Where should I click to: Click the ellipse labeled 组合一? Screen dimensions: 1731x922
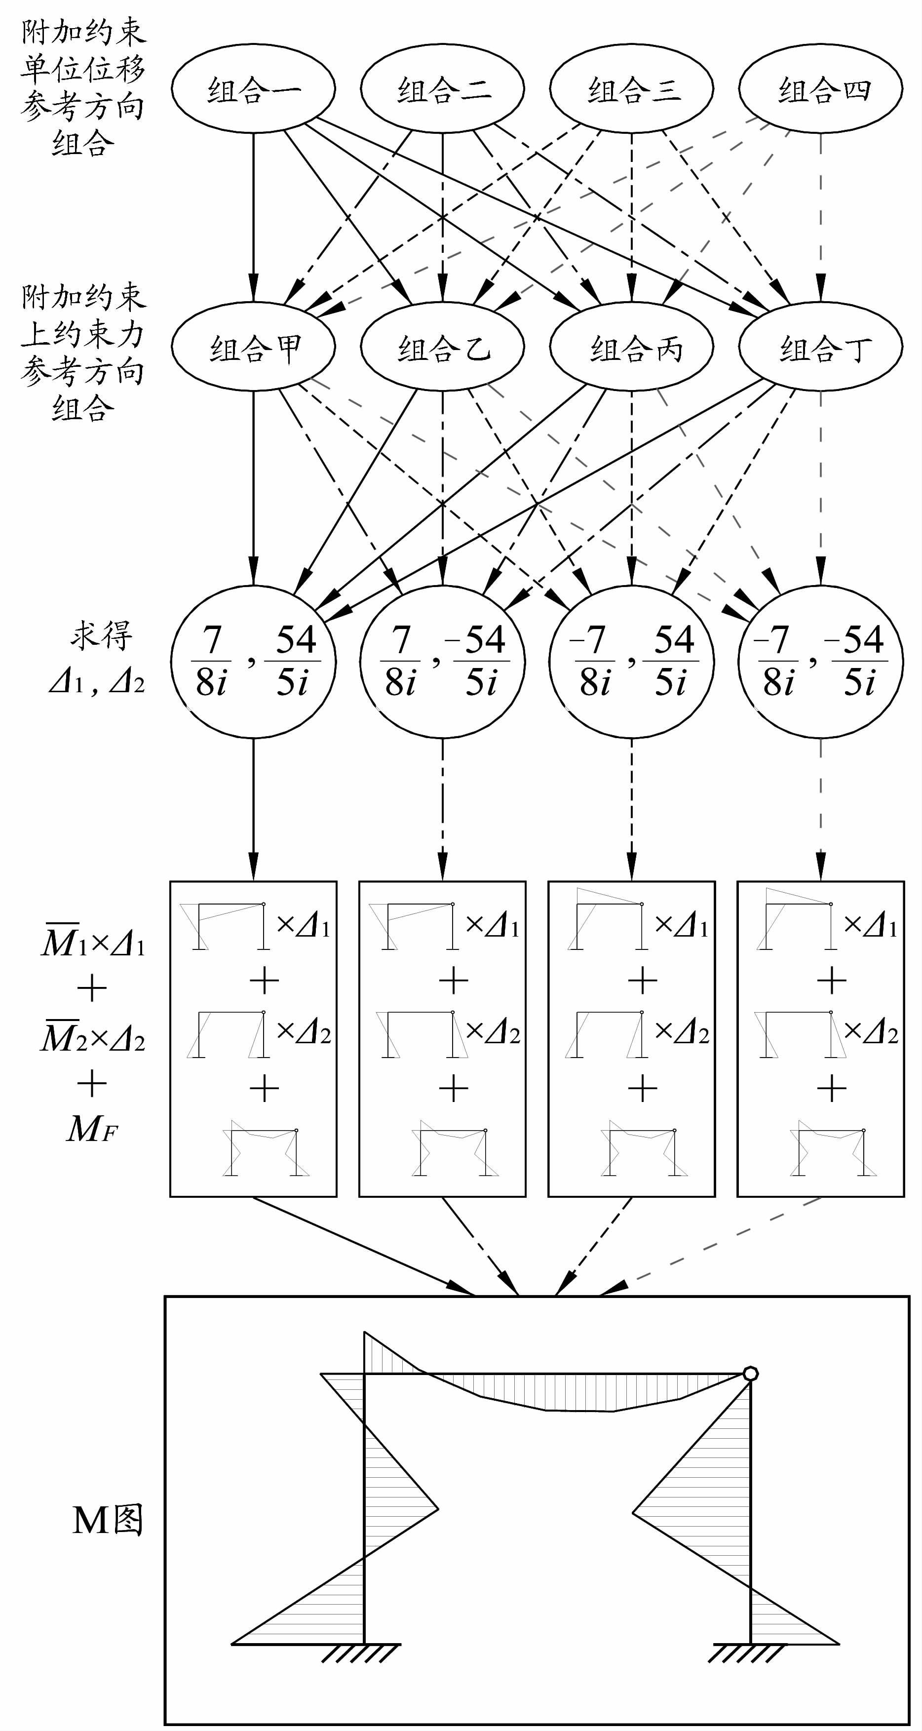(x=253, y=89)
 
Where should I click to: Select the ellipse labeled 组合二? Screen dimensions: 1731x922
(x=442, y=89)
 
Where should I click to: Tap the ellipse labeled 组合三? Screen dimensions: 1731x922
(x=632, y=89)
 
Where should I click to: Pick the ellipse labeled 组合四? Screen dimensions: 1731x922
(x=820, y=89)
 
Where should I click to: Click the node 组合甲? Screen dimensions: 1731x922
(x=253, y=348)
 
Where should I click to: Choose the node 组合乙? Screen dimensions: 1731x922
(x=442, y=348)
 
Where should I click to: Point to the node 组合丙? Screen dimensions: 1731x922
(x=632, y=348)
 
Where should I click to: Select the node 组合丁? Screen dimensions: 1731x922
(x=820, y=348)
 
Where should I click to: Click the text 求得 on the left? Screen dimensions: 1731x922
(x=101, y=635)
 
